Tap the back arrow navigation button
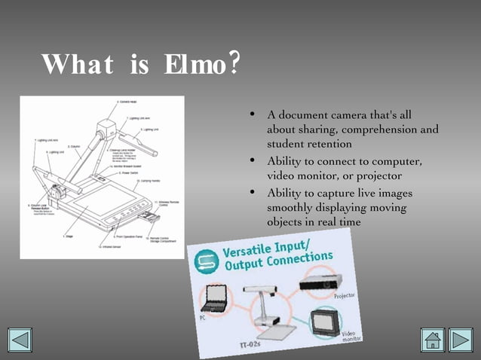click(20, 340)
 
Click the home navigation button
click(433, 340)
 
